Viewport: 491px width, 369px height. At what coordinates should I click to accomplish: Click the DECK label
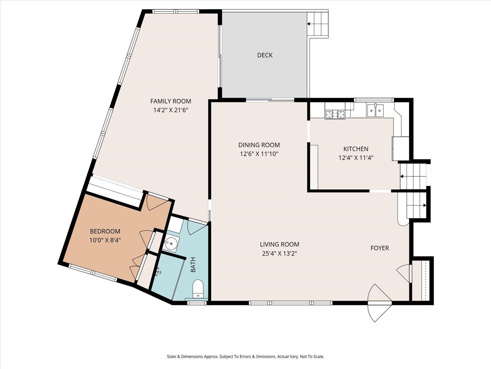coord(265,55)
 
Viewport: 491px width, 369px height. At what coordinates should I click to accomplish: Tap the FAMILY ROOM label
coord(171,101)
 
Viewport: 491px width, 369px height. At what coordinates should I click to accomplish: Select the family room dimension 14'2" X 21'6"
coord(171,110)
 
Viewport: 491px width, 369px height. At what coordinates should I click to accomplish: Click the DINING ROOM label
coord(259,145)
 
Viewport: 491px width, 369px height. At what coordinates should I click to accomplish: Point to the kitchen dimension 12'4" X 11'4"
coord(356,158)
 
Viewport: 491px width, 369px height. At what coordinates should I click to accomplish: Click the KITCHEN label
coord(356,149)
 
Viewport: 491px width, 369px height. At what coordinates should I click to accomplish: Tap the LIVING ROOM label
coord(280,244)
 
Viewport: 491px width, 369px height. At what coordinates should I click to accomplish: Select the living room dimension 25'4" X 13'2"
coord(280,254)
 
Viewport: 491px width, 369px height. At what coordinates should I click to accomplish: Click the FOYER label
coord(380,248)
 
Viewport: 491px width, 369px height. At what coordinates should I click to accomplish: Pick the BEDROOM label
coord(105,231)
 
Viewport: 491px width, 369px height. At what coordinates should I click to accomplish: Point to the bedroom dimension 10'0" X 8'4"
coord(105,240)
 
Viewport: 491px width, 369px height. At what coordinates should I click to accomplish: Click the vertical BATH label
coord(193,265)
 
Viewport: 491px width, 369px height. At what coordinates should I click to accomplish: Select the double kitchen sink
coord(375,111)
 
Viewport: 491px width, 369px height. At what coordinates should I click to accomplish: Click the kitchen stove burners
coord(335,114)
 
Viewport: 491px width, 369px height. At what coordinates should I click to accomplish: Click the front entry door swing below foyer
coord(380,303)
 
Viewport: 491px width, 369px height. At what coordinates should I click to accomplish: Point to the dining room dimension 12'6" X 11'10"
coord(259,154)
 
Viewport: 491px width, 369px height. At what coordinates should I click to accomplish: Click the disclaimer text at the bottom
coord(245,357)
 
